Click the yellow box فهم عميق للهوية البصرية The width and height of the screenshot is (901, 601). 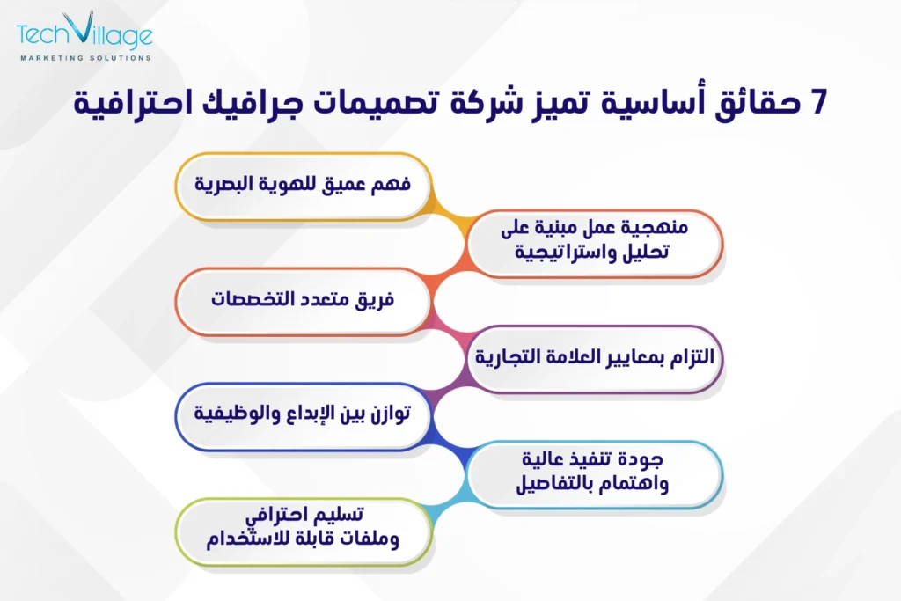point(303,187)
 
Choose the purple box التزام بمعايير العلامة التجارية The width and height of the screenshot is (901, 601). point(595,357)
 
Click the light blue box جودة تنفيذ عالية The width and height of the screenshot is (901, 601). point(595,473)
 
